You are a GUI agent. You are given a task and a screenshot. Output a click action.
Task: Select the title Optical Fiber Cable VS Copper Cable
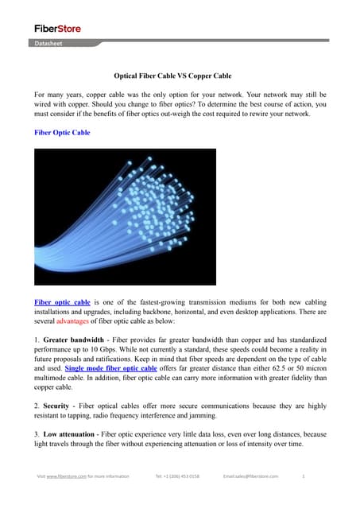pyautogui.click(x=179, y=77)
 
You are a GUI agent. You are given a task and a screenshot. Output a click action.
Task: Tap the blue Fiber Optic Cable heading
pyautogui.click(x=62, y=133)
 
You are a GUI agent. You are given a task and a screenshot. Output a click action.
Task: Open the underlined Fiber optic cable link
pyautogui.click(x=62, y=303)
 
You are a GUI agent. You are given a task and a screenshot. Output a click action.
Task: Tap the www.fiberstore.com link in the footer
pyautogui.click(x=66, y=476)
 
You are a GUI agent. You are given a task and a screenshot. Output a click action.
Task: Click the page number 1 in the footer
pyautogui.click(x=304, y=476)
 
